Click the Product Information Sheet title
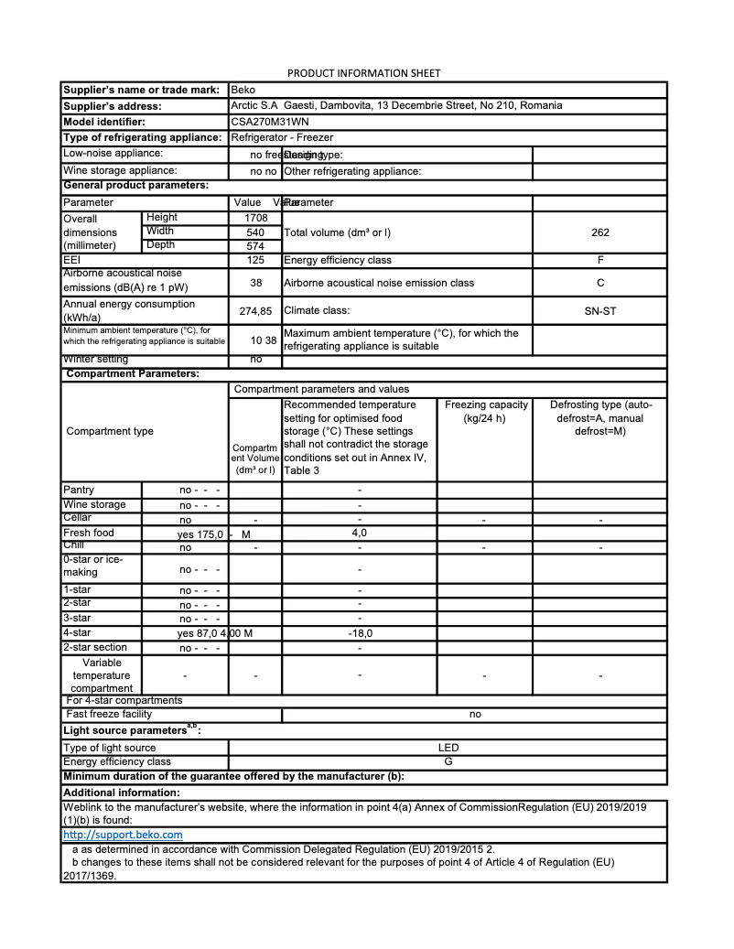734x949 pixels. [364, 73]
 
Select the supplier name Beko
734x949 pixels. [243, 90]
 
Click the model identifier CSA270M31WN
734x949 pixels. [271, 122]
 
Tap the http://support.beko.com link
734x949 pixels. [123, 835]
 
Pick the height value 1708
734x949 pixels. [255, 218]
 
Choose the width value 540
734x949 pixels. [255, 232]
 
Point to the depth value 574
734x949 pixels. [255, 246]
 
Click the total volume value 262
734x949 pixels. [599, 232]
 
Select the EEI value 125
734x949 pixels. [255, 261]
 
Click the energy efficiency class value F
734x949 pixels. [599, 261]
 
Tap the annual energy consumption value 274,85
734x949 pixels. [255, 311]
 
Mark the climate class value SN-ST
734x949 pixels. [599, 311]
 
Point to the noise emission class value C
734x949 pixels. [599, 283]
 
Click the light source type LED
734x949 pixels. [448, 748]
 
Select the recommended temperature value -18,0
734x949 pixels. [360, 632]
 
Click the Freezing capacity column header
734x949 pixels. [485, 412]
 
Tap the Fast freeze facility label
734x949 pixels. [109, 714]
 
